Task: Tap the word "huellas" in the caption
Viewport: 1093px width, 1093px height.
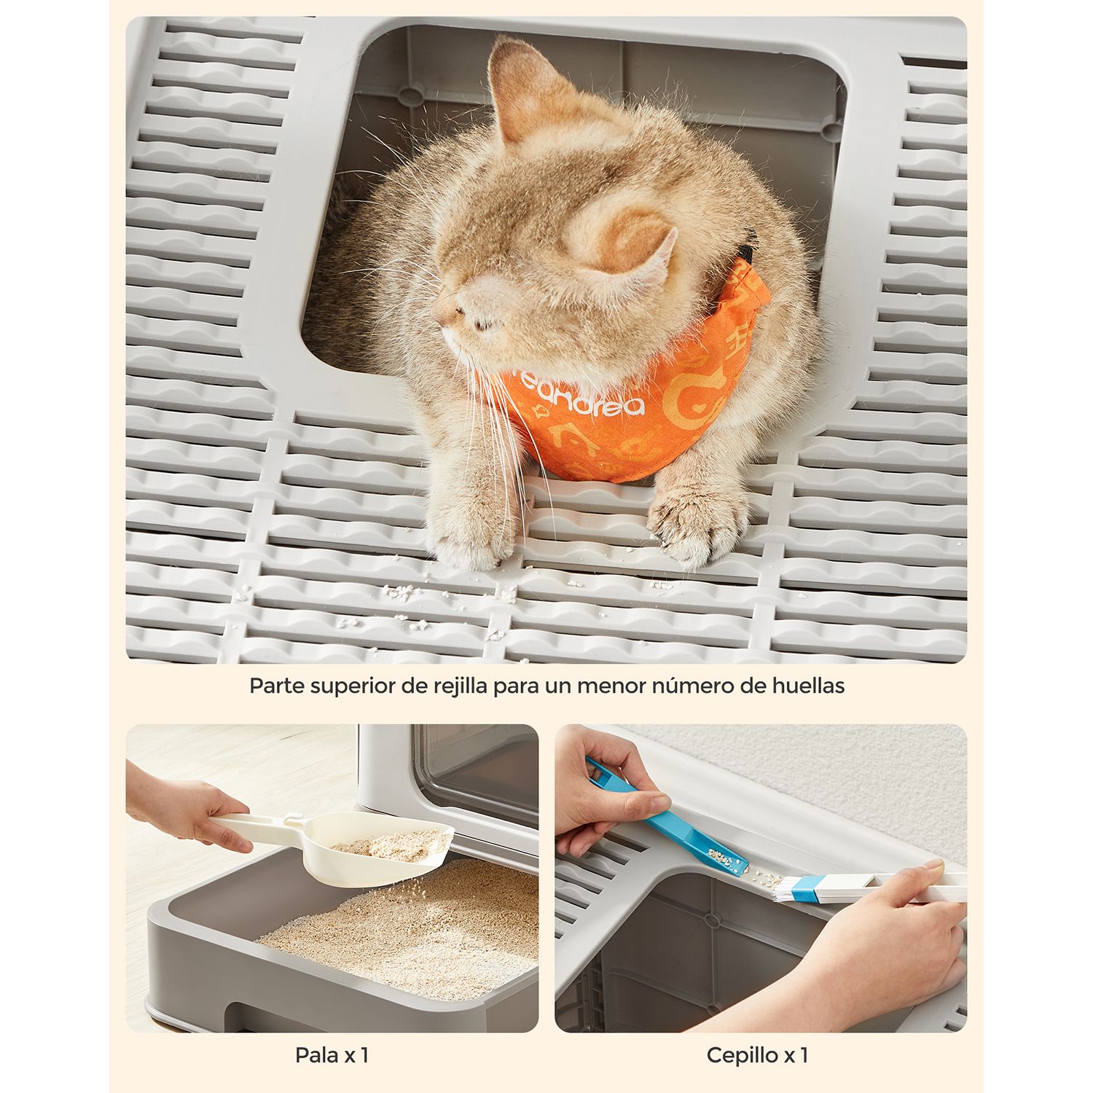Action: [809, 686]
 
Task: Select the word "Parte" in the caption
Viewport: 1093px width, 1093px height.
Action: [275, 686]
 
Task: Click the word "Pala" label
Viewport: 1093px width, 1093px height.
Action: [316, 1054]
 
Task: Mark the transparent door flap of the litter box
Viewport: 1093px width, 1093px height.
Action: [477, 772]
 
